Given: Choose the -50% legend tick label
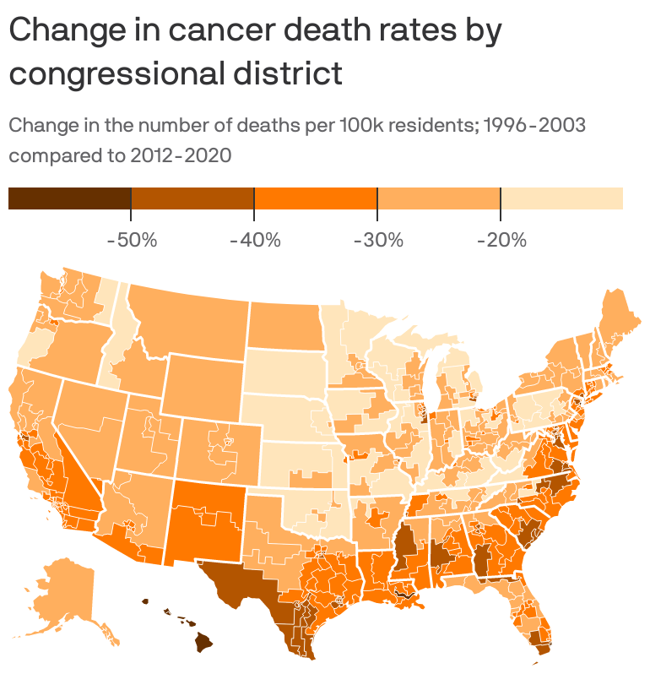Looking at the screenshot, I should pos(132,240).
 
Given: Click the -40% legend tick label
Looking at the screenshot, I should pos(254,240).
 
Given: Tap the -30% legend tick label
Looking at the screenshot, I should pos(377,240).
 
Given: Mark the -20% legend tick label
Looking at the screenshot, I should pos(501,240).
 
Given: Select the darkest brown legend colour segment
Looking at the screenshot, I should pos(69,198).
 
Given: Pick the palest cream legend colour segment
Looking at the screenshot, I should pos(561,198).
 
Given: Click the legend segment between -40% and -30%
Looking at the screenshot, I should pos(316,198).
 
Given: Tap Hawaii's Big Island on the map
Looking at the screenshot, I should pos(203,644).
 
